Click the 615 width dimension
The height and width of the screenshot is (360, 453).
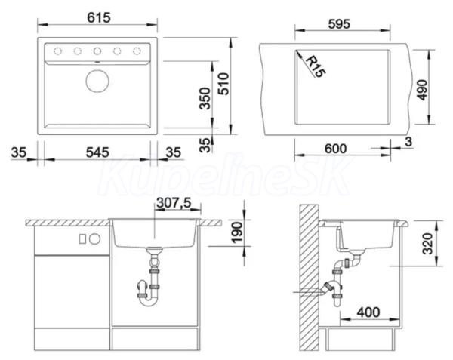click(99, 17)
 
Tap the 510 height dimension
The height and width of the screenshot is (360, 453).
click(223, 84)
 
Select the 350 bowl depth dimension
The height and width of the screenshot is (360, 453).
click(205, 98)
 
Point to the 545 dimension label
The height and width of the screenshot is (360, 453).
click(97, 152)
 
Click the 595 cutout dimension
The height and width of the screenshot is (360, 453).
click(339, 24)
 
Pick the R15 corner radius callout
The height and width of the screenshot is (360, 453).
click(315, 66)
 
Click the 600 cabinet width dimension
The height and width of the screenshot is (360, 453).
click(335, 149)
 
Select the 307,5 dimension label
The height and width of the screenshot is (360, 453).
click(174, 203)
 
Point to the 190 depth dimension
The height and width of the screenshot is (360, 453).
click(237, 232)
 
